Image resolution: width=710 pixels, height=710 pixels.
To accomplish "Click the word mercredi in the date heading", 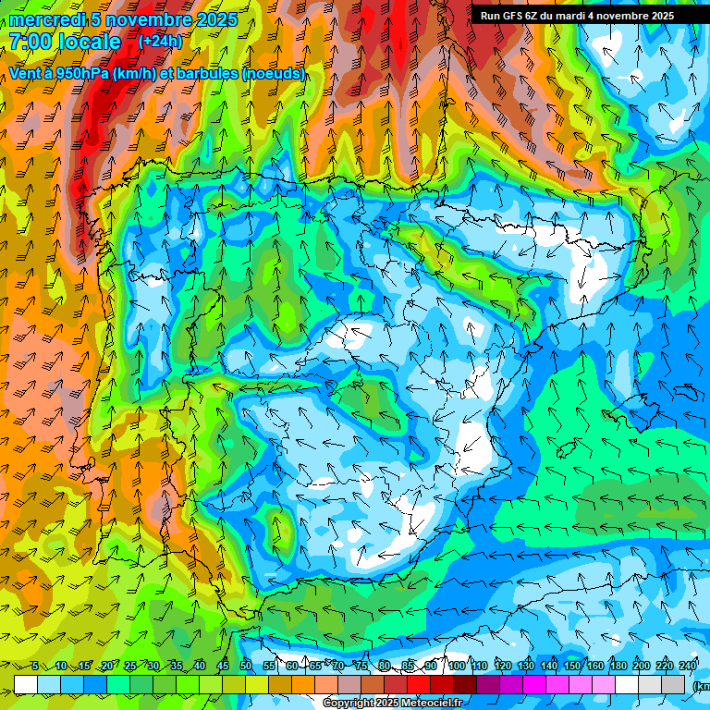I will click(47, 19).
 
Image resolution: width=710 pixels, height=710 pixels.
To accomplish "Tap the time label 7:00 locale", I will click(65, 42).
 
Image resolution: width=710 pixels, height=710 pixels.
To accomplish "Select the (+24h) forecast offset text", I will click(160, 41).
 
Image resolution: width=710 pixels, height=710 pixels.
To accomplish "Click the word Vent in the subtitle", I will click(28, 73).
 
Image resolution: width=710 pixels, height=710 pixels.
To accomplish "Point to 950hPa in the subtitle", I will click(81, 73).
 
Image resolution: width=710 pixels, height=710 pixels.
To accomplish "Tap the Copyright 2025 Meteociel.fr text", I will click(393, 704).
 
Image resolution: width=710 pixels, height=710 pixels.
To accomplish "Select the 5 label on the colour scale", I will click(34, 666).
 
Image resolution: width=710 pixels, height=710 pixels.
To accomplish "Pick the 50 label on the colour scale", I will click(246, 666).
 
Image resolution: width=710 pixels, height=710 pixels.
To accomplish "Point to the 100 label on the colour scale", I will click(456, 666).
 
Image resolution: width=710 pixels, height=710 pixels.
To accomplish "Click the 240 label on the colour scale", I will click(687, 666).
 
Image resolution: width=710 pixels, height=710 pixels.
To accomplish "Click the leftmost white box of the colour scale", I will click(26, 684).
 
